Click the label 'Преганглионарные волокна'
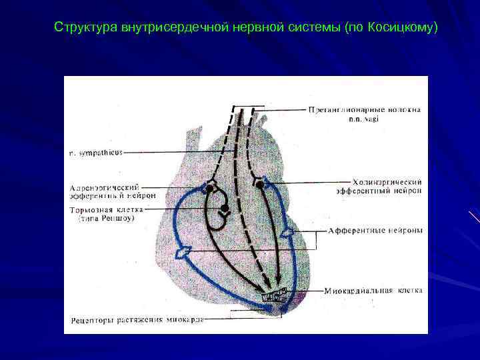(365, 109)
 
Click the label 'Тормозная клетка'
(107, 209)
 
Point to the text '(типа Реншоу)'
(107, 218)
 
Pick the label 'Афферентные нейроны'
(375, 231)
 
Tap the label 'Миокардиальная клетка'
(374, 291)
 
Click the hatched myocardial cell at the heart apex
(275, 294)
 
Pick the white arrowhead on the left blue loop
(184, 251)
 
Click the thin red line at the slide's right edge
(474, 217)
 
